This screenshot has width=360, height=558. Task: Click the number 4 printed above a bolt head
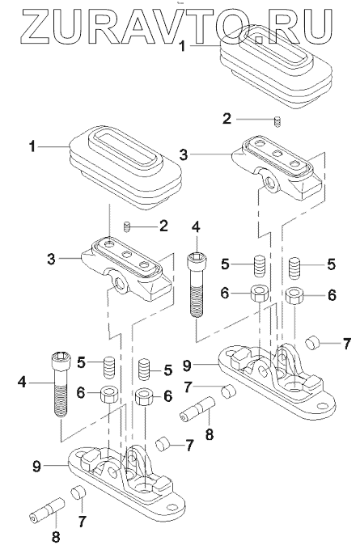pos(196,227)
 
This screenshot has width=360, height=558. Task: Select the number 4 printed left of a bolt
pos(22,382)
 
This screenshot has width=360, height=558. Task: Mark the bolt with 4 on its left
pos(61,383)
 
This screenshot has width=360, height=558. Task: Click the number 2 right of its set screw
pos(163,226)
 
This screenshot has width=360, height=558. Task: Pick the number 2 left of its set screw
pos(227,119)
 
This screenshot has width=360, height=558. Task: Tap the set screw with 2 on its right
pos(126,226)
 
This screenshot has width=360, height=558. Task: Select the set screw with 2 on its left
pos(276,121)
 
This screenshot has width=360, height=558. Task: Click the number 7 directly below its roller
pos(83,522)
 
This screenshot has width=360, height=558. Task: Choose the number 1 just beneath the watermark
pos(182,46)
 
